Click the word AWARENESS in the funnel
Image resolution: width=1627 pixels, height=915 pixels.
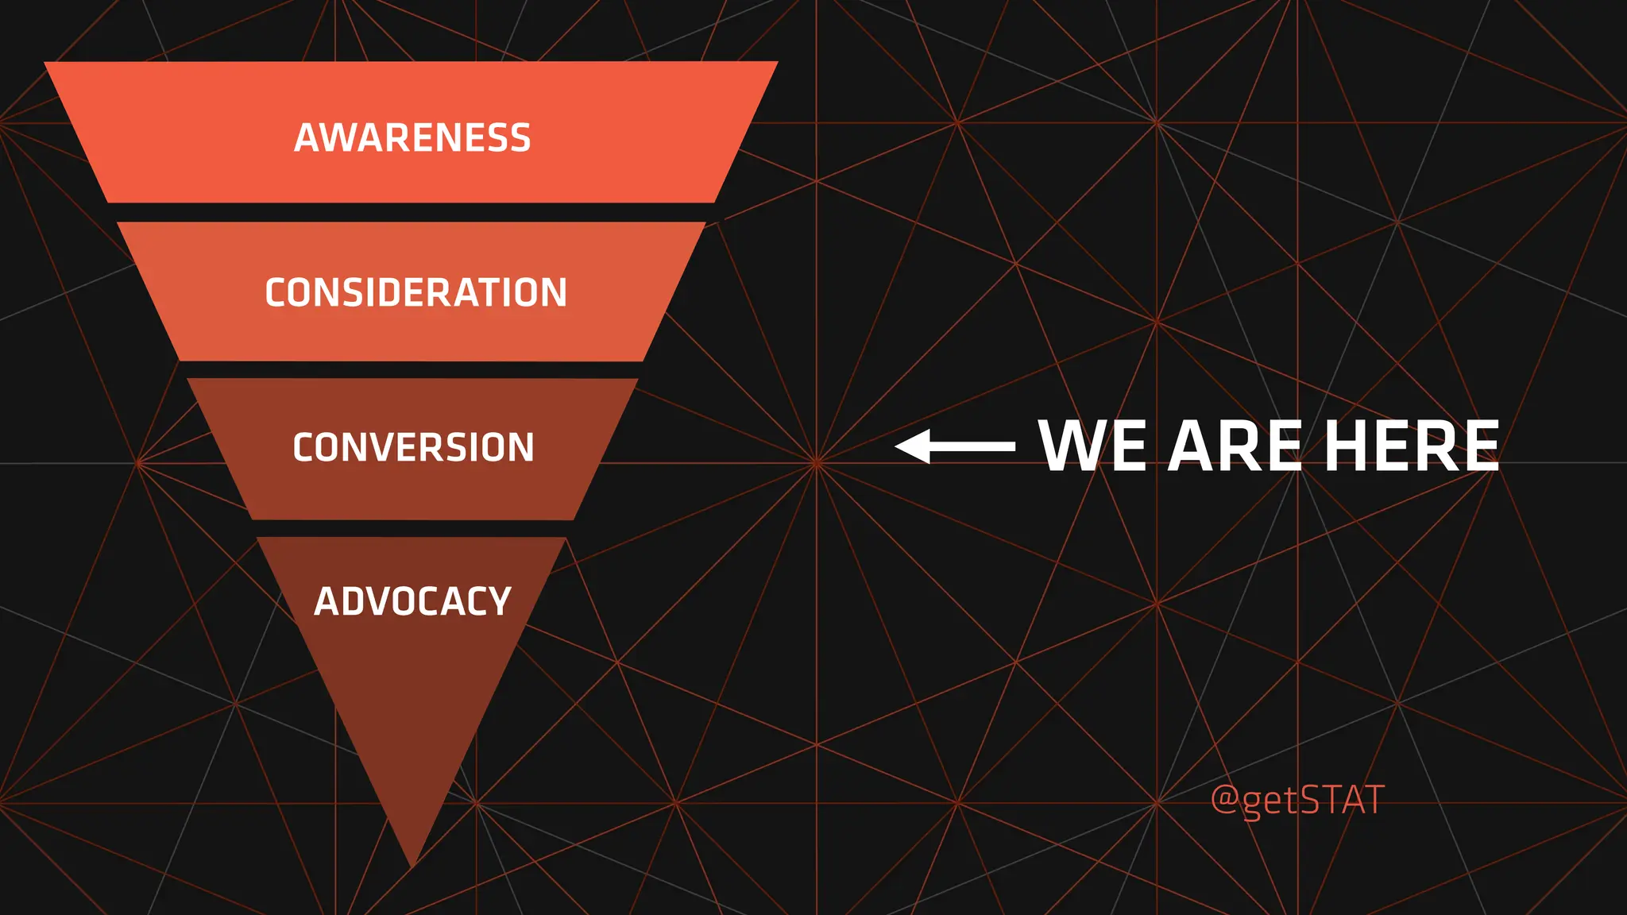tap(412, 137)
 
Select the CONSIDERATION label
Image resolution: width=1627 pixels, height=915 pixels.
tap(415, 292)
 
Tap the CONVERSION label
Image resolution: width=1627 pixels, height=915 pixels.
tap(413, 447)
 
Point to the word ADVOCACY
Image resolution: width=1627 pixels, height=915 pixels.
tap(412, 601)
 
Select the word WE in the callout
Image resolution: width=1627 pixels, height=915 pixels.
tap(1092, 446)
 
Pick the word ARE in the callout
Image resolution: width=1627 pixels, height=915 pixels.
tap(1235, 446)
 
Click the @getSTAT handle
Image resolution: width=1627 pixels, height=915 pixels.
tap(1297, 799)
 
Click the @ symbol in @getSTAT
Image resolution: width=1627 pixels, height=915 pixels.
tap(1224, 799)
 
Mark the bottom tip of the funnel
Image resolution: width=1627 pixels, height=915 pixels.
tap(413, 864)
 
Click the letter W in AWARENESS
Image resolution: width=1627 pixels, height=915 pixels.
tap(338, 137)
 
